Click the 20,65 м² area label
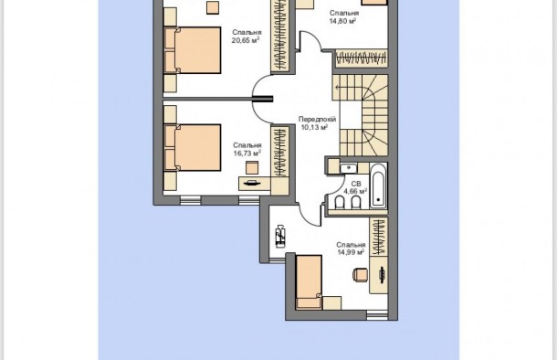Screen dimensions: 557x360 click(x=246, y=40)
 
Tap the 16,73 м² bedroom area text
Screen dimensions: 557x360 click(x=247, y=154)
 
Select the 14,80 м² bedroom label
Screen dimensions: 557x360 click(x=343, y=21)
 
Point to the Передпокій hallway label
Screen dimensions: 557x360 click(x=317, y=120)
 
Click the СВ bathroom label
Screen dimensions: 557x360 click(x=356, y=184)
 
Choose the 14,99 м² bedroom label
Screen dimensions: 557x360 click(x=351, y=252)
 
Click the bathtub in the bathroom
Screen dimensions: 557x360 click(x=378, y=185)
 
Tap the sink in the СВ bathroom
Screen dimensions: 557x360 click(x=348, y=167)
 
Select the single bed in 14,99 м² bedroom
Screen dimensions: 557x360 click(x=309, y=281)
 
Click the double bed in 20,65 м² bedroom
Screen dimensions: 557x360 click(x=193, y=50)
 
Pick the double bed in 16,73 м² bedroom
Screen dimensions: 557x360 click(x=193, y=147)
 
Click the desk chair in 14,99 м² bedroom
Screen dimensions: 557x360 click(x=360, y=275)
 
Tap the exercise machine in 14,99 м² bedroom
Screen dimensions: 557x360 click(x=280, y=236)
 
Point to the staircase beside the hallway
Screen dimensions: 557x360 click(x=360, y=115)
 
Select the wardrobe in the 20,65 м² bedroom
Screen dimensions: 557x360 click(x=280, y=36)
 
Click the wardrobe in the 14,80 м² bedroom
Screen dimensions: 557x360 click(x=362, y=58)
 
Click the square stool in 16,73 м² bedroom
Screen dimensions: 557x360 click(x=252, y=167)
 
